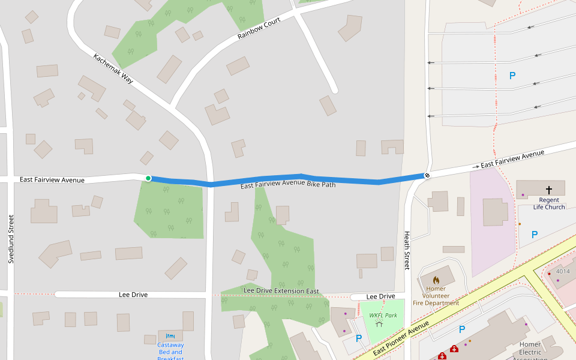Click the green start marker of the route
pos(148,178)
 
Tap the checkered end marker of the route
pos(427,175)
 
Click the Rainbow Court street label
pos(259,28)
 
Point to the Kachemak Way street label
pos(113,67)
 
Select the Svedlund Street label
pos(11,239)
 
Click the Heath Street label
pos(407,250)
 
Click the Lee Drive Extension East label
pos(281,291)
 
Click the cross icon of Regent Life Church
pos(548,190)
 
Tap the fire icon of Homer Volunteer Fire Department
pos(436,280)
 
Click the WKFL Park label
pos(383,315)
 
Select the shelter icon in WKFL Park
pos(379,323)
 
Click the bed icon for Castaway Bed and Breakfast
pos(170,336)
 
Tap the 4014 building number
pos(563,271)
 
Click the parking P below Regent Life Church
pos(535,234)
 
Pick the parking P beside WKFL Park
pos(359,338)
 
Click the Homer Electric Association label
pos(530,352)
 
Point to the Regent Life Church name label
pos(549,203)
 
